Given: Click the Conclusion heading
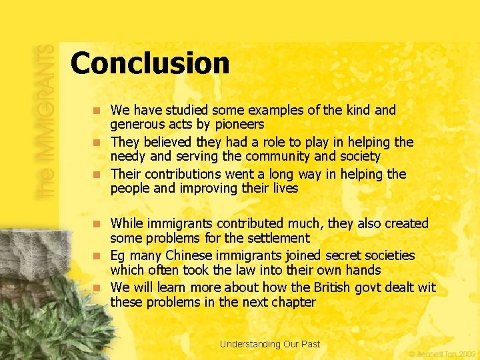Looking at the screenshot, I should point(150,63).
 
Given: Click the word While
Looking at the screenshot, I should point(127,223).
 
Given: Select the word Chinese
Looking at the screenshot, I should point(193,255).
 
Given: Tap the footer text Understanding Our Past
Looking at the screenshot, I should point(270,344).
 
